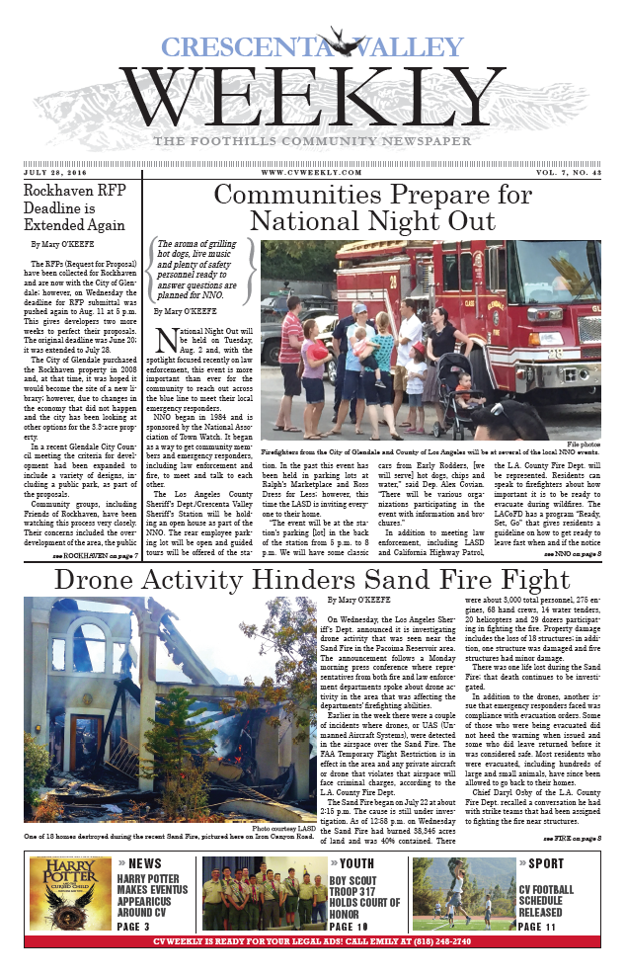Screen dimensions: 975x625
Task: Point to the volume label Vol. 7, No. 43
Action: [x=565, y=171]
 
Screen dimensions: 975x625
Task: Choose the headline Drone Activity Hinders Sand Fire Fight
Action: [x=312, y=580]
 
